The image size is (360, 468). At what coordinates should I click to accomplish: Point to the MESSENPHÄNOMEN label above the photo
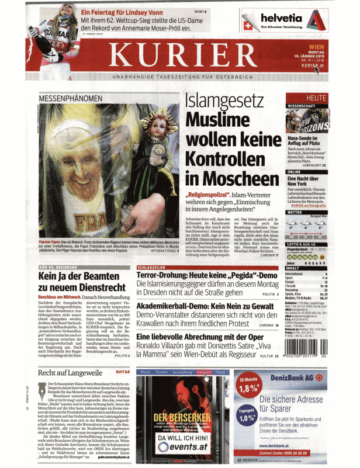click(65, 96)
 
